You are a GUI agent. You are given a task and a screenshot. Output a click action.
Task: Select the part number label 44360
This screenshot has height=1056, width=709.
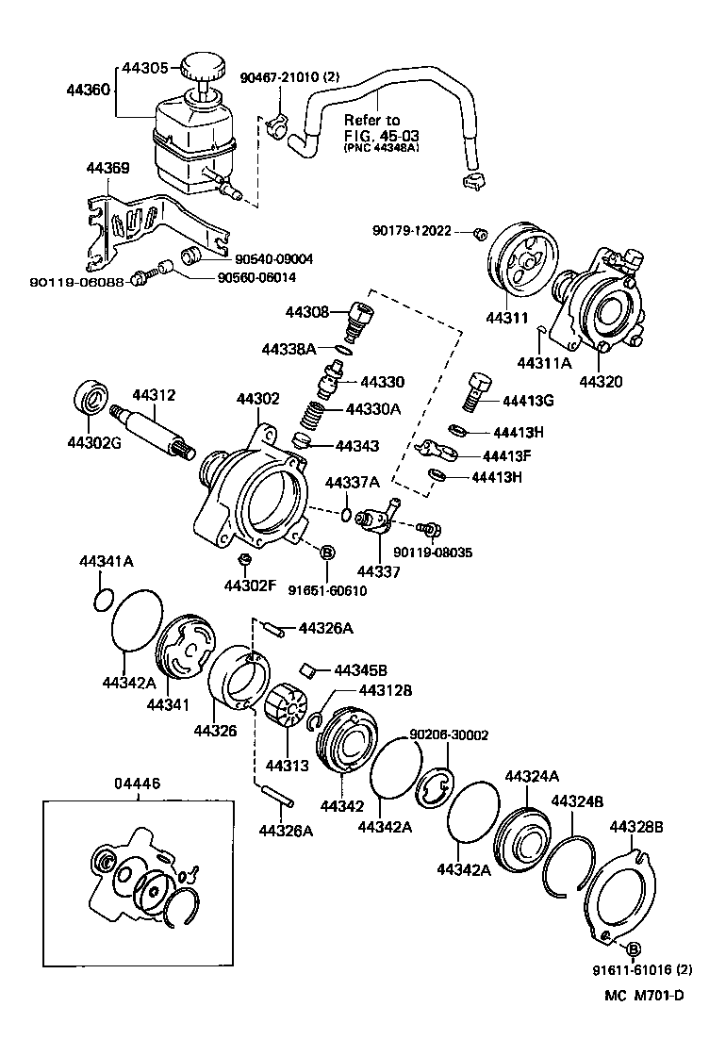(x=88, y=91)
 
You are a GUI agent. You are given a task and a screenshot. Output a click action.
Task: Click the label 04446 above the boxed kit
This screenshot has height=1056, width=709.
(x=138, y=783)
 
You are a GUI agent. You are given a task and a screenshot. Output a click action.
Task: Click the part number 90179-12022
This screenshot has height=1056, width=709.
(x=412, y=230)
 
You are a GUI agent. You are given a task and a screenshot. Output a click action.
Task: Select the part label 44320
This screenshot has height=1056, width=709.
(x=602, y=383)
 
